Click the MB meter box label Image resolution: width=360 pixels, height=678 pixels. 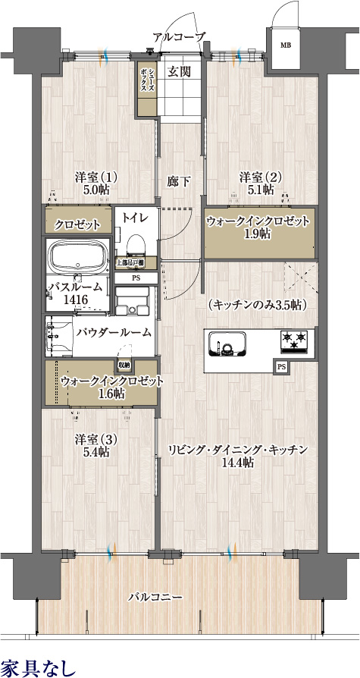286,46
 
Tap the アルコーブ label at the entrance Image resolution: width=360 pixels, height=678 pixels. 178,36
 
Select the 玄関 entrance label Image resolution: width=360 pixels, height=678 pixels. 179,72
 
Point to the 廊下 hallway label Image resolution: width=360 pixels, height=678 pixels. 179,181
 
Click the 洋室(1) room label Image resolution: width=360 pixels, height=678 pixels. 95,177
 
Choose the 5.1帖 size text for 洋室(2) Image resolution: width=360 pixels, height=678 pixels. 261,190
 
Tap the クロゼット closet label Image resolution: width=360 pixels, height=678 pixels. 77,225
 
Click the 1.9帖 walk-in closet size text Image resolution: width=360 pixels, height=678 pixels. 258,234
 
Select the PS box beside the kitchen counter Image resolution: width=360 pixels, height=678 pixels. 281,367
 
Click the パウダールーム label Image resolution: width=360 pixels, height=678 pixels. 114,332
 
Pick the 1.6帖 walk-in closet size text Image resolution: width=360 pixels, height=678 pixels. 111,393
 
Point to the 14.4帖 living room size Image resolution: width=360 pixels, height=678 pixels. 237,463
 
